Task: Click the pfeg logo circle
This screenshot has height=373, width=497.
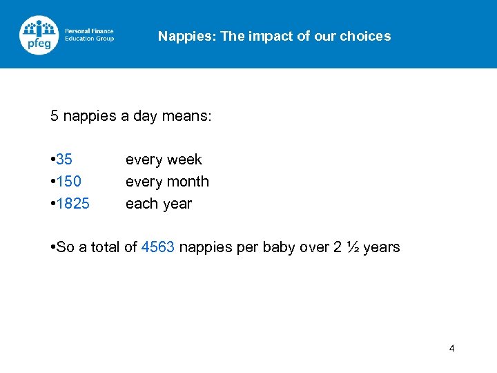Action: pos(39,35)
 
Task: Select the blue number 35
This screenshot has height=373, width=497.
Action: pos(64,160)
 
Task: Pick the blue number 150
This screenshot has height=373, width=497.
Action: pos(68,182)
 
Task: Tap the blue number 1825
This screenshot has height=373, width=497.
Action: pos(72,204)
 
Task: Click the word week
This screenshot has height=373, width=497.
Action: pos(184,160)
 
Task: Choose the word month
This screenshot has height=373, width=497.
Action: pos(188,182)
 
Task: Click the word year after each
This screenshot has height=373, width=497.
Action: pos(177,204)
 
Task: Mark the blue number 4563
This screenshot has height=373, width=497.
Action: pos(157,247)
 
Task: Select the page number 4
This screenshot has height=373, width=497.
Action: pos(451,348)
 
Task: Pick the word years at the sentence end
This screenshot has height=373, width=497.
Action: pos(382,248)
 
